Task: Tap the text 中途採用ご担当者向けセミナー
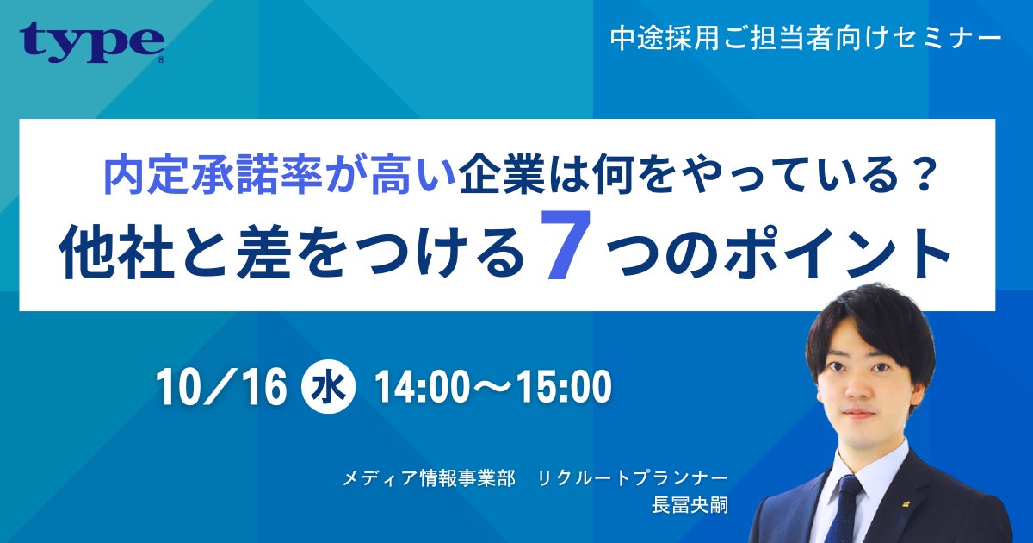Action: coord(806,38)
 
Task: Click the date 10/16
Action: coord(221,388)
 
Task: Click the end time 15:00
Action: coord(565,388)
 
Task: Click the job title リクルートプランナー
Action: coord(633,477)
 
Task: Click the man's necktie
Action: coord(848,509)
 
